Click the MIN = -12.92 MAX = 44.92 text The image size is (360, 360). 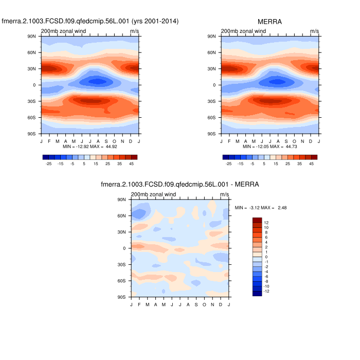tap(90, 147)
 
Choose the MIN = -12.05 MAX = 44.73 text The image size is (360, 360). tap(270, 147)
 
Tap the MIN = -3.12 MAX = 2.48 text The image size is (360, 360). tap(260, 207)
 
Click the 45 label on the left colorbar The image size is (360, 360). tap(132, 164)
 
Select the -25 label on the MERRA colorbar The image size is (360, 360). tap(228, 164)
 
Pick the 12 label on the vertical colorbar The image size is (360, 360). tap(266, 222)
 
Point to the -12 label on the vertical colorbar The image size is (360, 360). tap(267, 291)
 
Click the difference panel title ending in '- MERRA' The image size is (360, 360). tap(180, 184)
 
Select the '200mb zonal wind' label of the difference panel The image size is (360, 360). tap(153, 194)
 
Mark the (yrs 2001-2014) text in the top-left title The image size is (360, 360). tap(155, 21)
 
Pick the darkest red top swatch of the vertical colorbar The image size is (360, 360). tap(258, 220)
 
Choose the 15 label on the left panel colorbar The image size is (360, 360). tap(96, 164)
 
